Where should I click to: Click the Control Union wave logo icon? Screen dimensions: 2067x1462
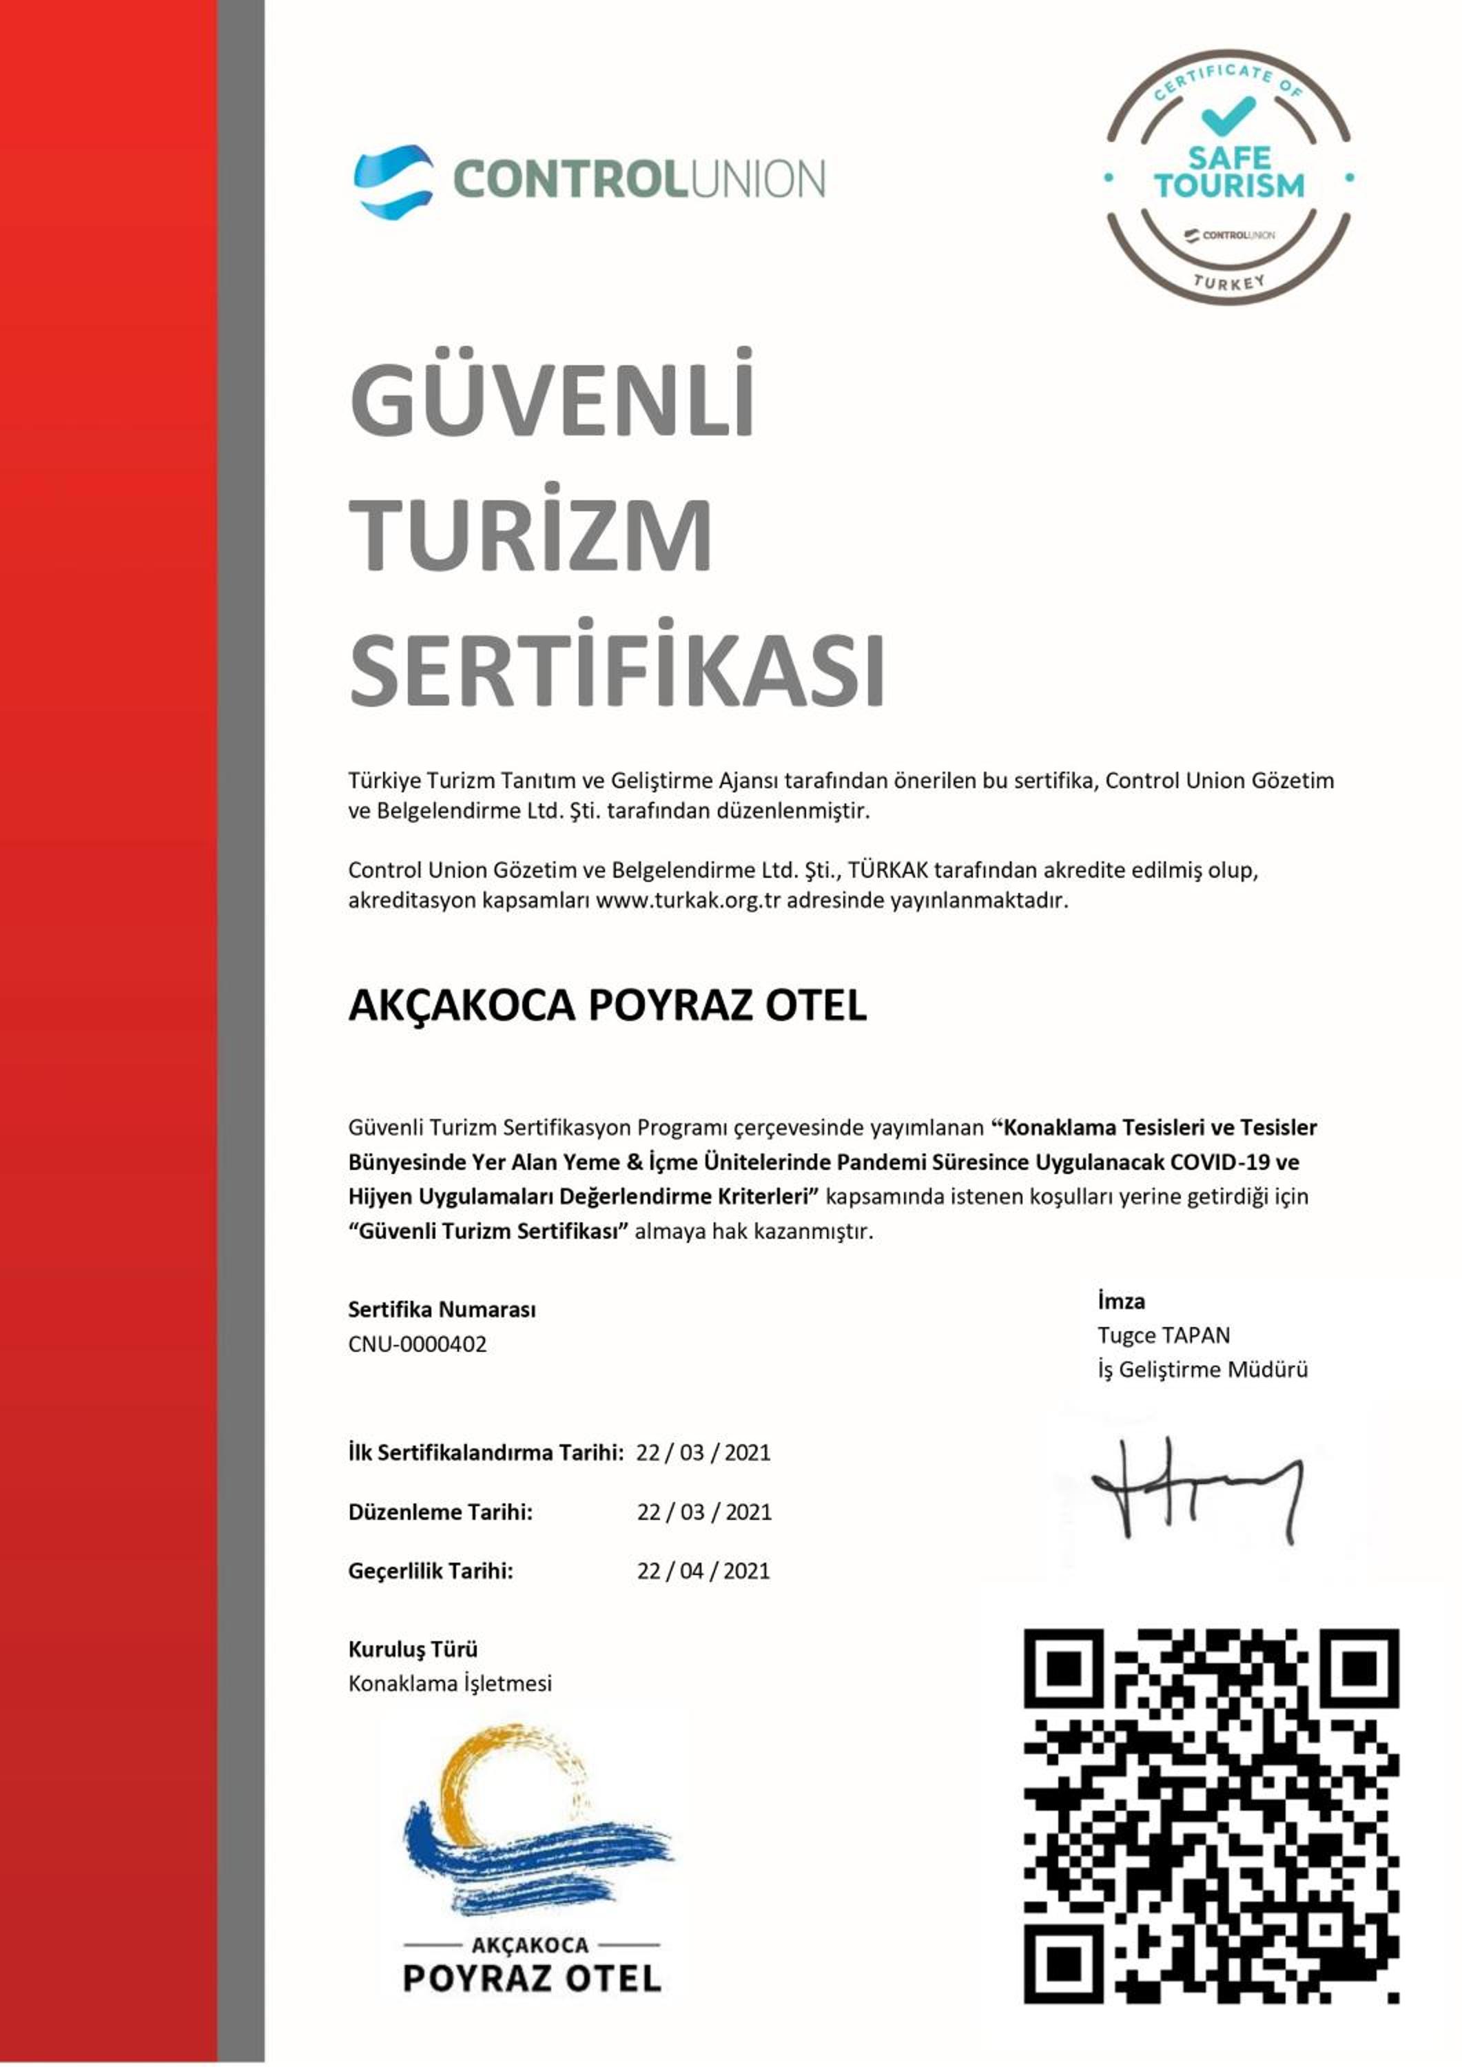(x=393, y=179)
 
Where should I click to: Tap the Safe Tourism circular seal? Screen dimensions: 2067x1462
(x=1229, y=177)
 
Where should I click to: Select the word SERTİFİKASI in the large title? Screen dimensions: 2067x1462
(x=617, y=672)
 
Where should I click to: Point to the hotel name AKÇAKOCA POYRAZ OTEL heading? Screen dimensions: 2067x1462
(x=607, y=1005)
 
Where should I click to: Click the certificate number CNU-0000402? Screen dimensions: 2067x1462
(x=417, y=1344)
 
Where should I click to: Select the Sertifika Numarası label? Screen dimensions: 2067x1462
(x=441, y=1310)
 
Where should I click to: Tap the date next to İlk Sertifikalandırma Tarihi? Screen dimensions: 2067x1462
(x=703, y=1452)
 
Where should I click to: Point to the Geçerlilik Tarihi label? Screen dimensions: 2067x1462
(x=431, y=1571)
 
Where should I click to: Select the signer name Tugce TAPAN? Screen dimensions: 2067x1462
(x=1163, y=1335)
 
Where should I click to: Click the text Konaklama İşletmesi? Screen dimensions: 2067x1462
(x=449, y=1683)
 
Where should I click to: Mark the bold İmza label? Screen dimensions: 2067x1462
(x=1121, y=1301)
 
